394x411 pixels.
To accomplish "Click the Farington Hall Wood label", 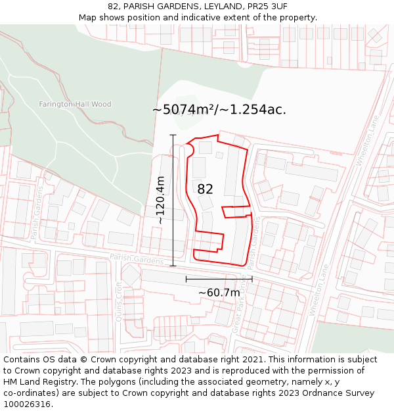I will point(75,105).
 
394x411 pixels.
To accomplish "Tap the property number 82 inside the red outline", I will point(206,189).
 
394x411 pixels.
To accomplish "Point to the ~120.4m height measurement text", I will point(160,201).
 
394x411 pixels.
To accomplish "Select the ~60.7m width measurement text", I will point(219,292).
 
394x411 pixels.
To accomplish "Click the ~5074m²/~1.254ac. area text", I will point(219,110).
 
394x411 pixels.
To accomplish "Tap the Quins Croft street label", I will point(119,302).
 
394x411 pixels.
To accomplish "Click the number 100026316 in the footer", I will point(27,404).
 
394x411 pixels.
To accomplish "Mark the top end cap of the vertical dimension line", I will point(173,135).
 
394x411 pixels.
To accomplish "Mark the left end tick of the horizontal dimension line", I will point(186,279).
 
